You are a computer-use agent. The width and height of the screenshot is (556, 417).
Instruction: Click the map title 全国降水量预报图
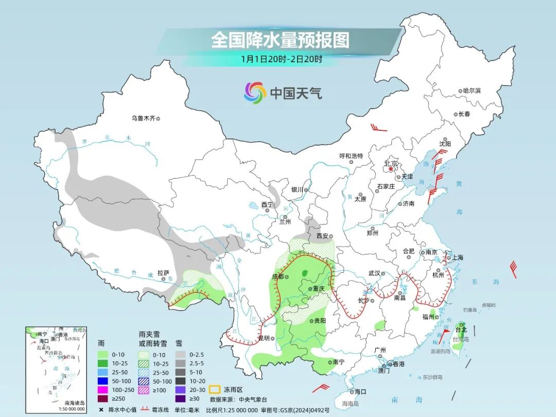[280, 40]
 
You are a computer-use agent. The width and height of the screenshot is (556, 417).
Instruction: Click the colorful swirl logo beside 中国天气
[255, 93]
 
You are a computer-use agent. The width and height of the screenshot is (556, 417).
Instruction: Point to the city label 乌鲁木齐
[143, 118]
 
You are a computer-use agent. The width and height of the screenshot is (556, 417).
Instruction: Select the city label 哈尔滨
[471, 91]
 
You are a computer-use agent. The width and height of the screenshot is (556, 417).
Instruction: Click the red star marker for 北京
[391, 169]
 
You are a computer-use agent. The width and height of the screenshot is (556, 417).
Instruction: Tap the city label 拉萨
[163, 273]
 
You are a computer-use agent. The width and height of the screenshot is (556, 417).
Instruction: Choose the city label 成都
[277, 276]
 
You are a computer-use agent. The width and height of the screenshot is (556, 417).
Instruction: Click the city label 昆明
[264, 338]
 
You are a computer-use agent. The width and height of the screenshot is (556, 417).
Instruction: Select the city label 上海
[456, 258]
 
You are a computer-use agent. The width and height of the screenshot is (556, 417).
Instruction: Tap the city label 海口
[360, 392]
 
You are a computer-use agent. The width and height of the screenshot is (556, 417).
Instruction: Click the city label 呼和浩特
[351, 156]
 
